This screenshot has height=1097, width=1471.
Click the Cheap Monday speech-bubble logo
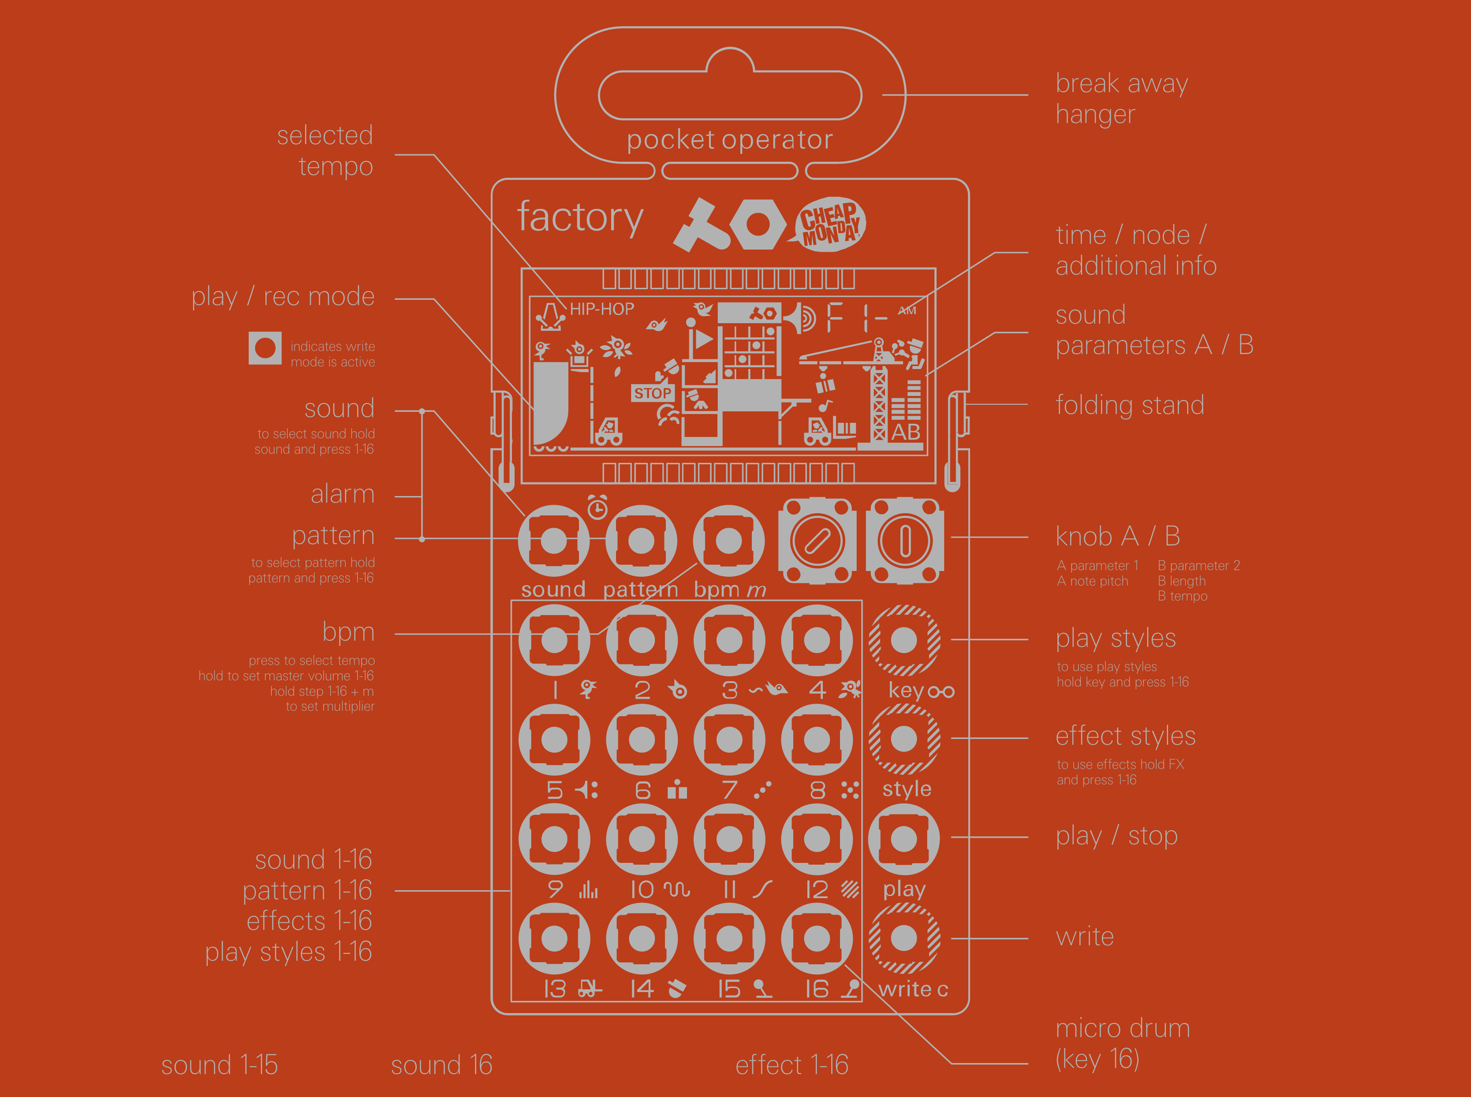click(x=830, y=224)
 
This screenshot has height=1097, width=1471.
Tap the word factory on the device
click(x=580, y=218)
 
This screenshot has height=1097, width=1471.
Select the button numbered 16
click(x=816, y=938)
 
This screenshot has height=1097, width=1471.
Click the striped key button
click(x=904, y=640)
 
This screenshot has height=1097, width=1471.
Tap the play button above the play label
click(x=904, y=839)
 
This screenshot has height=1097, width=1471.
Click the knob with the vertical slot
click(x=904, y=541)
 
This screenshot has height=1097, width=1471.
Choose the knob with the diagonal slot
click(x=817, y=541)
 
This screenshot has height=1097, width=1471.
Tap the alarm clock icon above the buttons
click(x=597, y=507)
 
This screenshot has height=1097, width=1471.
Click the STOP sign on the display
click(x=652, y=393)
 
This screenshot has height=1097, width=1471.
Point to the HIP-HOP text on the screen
click(x=602, y=309)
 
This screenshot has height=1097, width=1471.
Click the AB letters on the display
click(x=905, y=432)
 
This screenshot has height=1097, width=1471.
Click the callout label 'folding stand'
click(x=1130, y=405)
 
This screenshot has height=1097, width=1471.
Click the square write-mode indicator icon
click(x=265, y=348)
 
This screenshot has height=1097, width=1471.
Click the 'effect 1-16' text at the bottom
click(x=792, y=1065)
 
